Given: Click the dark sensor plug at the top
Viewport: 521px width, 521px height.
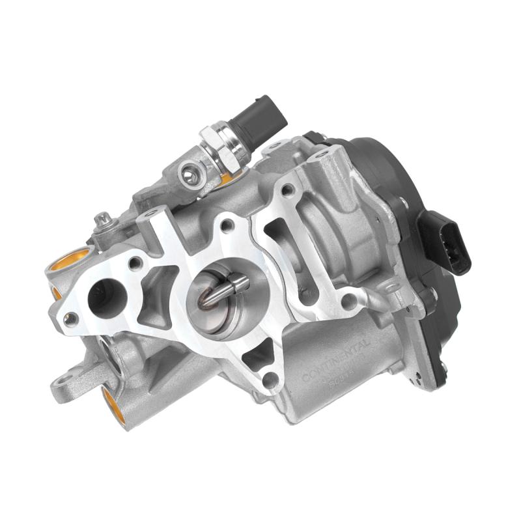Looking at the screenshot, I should point(261,117).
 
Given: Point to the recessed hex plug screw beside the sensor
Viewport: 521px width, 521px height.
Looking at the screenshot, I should point(189,172).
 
